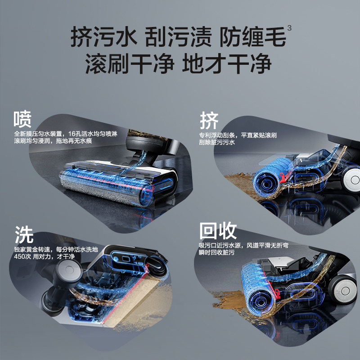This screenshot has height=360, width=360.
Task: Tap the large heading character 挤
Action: coord(209,121)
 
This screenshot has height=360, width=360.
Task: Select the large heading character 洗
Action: coord(24,234)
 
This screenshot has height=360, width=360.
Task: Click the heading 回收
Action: coord(218,232)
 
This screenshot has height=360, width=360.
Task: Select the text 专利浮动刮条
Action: coord(220,135)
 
